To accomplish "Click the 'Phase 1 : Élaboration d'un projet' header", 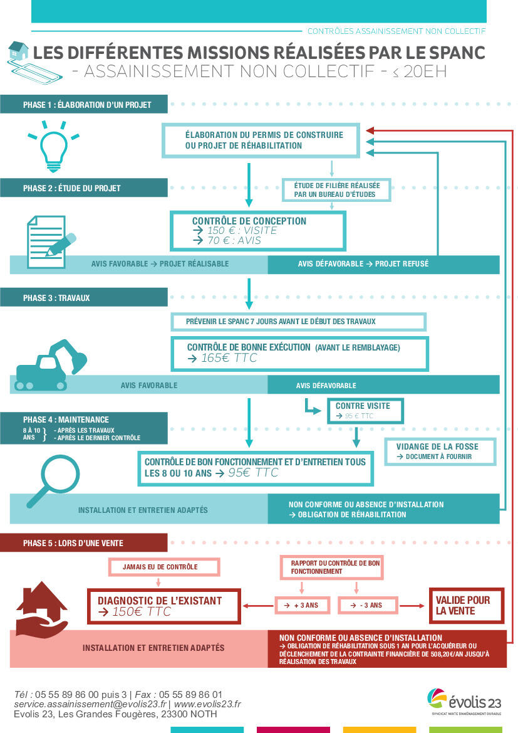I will pyautogui.click(x=84, y=104).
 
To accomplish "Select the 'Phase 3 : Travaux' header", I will pyautogui.click(x=84, y=297).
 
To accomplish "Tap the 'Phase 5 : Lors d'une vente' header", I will pyautogui.click(x=84, y=542).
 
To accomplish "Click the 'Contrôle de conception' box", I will pyautogui.click(x=257, y=230).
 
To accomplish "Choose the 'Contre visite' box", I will pyautogui.click(x=365, y=410).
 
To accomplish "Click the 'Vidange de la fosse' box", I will pyautogui.click(x=440, y=451).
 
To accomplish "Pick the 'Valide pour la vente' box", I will pyautogui.click(x=466, y=605).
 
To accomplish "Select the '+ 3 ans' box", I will pyautogui.click(x=303, y=605).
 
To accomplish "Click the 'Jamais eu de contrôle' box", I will pyautogui.click(x=165, y=567).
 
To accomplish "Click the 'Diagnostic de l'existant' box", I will pyautogui.click(x=163, y=606).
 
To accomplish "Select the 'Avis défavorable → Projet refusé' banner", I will pyautogui.click(x=363, y=264).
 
